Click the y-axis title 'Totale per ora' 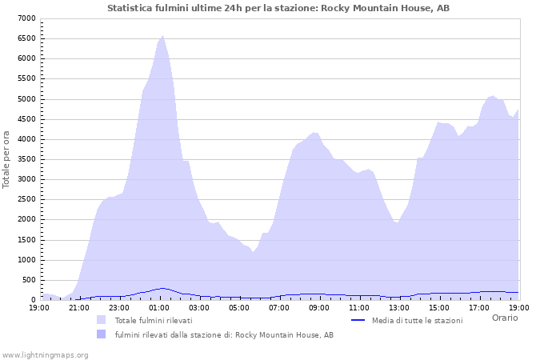point(7,159)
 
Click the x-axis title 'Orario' point(505,318)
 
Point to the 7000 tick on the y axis point(26,18)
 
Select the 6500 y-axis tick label point(26,38)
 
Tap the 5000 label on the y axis point(26,99)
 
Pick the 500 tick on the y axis point(29,280)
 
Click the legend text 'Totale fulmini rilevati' point(154,320)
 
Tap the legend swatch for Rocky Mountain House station point(101,334)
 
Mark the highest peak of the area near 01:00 point(162,35)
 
